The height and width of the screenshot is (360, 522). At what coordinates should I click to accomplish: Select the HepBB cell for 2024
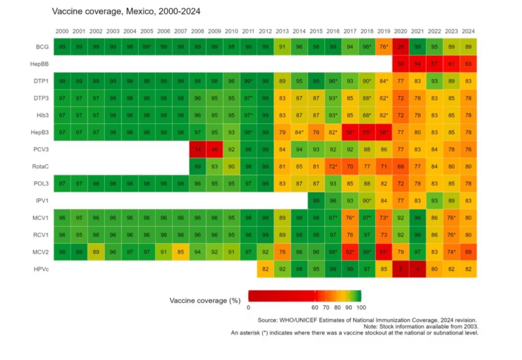(468, 64)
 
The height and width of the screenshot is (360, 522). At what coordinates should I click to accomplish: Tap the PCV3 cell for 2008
(197, 149)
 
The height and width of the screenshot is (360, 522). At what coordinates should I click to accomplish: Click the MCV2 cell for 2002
(96, 252)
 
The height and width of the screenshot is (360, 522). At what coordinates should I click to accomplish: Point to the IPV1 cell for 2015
(316, 200)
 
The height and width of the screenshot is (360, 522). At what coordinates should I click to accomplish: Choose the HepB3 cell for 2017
(350, 132)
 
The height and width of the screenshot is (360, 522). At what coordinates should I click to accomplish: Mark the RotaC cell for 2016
(332, 166)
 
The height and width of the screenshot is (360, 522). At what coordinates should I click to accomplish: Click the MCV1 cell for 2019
(383, 218)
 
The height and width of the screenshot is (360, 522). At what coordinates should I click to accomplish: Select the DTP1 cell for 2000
(62, 81)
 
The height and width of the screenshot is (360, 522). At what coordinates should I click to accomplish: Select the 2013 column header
(282, 31)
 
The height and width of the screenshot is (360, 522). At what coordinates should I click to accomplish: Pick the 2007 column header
(180, 31)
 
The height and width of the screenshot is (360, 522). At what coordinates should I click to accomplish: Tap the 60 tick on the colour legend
(315, 307)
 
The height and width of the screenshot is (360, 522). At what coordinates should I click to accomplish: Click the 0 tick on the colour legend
(248, 307)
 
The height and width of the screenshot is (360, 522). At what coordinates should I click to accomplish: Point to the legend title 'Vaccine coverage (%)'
(204, 300)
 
